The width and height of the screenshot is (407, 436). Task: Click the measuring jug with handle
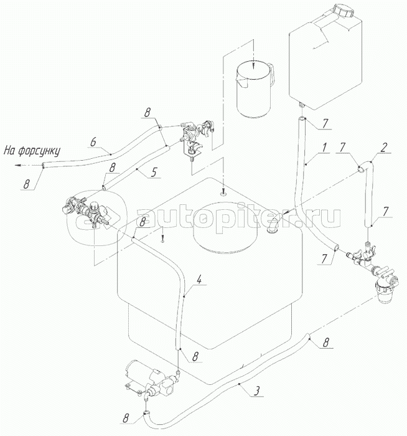(255, 87)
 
